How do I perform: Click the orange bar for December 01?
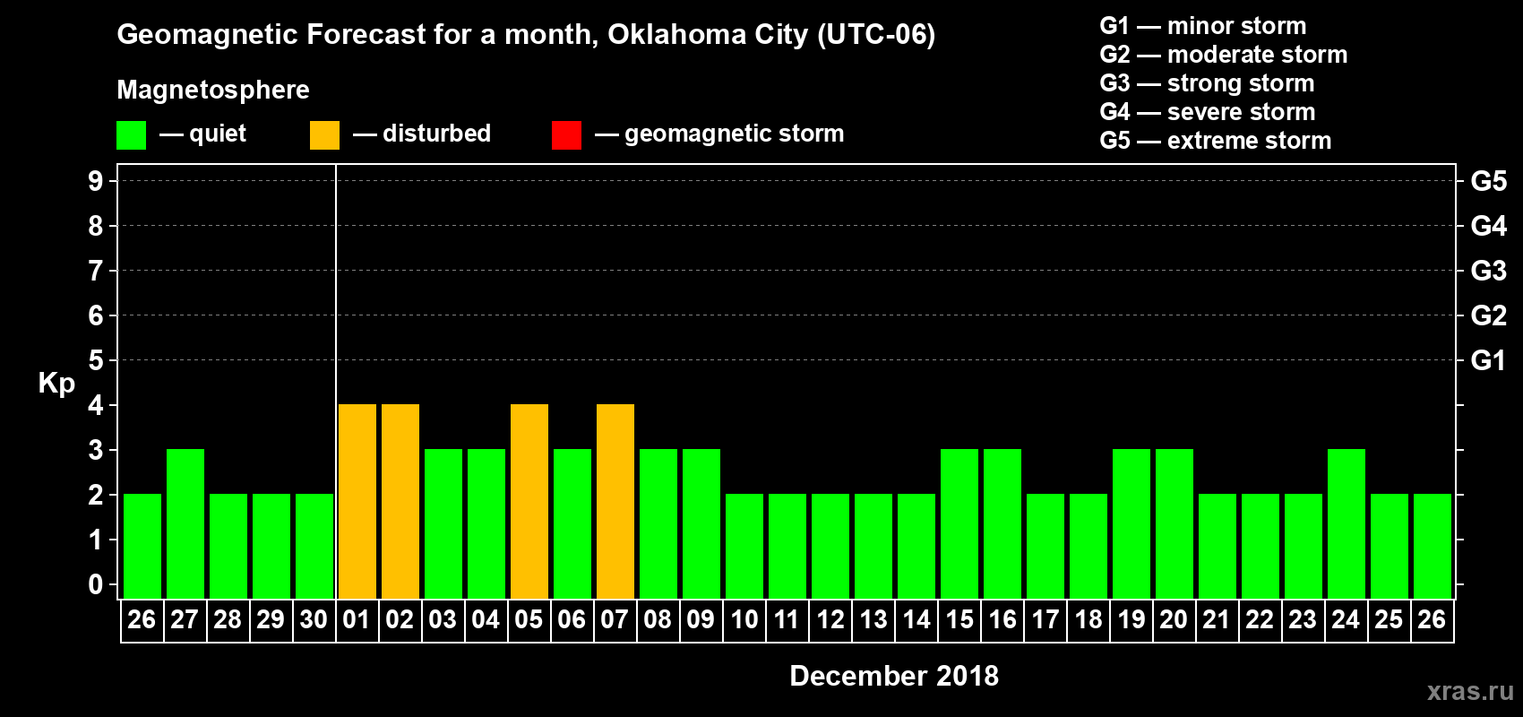(x=357, y=502)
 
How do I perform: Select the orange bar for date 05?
(x=529, y=502)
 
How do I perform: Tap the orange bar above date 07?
(x=615, y=502)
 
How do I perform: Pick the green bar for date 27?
(x=185, y=524)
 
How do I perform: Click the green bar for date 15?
(x=959, y=524)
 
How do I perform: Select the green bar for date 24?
(x=1347, y=524)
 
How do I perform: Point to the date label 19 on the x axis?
(x=1131, y=619)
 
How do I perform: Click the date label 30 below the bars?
(x=314, y=619)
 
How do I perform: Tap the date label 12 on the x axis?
(x=830, y=619)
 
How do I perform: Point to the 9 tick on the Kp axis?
(x=96, y=181)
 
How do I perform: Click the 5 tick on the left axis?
(x=96, y=360)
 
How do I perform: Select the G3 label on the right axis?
(x=1488, y=271)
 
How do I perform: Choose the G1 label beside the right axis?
(x=1488, y=360)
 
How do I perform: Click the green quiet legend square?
(x=132, y=135)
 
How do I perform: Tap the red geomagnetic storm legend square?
(x=566, y=135)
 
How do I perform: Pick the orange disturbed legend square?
(x=324, y=135)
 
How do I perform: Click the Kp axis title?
(x=56, y=384)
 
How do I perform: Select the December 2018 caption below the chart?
(x=894, y=676)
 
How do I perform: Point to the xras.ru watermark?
(x=1469, y=691)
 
